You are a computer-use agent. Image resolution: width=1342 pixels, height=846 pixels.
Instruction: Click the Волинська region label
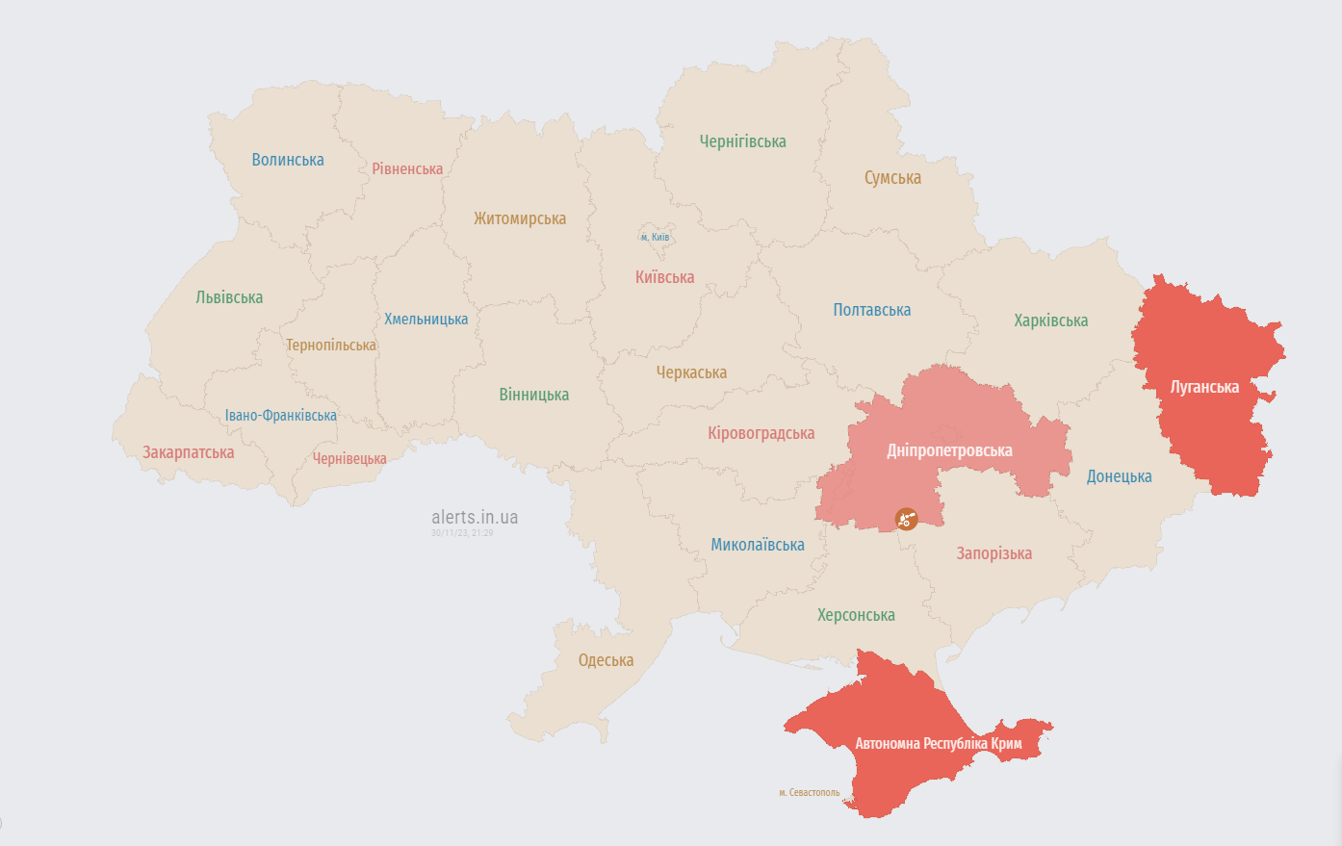pyautogui.click(x=288, y=160)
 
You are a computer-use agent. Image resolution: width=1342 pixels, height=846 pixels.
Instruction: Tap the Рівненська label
pyautogui.click(x=407, y=169)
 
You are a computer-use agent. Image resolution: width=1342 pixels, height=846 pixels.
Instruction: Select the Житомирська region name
pyautogui.click(x=520, y=218)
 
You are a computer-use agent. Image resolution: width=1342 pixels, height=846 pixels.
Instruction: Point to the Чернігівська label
pyautogui.click(x=742, y=141)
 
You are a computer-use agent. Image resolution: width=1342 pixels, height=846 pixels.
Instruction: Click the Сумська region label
pyautogui.click(x=892, y=178)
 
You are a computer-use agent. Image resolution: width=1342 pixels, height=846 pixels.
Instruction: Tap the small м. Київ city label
pyautogui.click(x=655, y=237)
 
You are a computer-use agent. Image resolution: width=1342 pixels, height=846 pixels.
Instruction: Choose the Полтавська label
pyautogui.click(x=871, y=310)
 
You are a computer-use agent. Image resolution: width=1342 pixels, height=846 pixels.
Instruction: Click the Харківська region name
pyautogui.click(x=1050, y=320)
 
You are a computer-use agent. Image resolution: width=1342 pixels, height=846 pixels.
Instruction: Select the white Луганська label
pyautogui.click(x=1204, y=387)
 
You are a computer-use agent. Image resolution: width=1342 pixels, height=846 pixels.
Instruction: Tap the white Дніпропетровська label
pyautogui.click(x=949, y=450)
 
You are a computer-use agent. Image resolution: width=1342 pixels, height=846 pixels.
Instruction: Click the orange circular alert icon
pyautogui.click(x=906, y=519)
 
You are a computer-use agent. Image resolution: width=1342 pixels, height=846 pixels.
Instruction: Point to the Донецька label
pyautogui.click(x=1119, y=476)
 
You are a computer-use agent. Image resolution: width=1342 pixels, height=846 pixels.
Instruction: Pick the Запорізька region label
pyautogui.click(x=994, y=553)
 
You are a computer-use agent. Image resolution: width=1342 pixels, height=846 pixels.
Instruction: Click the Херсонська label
pyautogui.click(x=856, y=615)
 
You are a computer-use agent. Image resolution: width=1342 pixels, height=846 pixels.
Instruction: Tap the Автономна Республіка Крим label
pyautogui.click(x=939, y=744)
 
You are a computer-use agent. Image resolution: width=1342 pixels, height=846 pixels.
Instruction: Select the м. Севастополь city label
pyautogui.click(x=809, y=793)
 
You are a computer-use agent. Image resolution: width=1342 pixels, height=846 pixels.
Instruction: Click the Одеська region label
pyautogui.click(x=606, y=660)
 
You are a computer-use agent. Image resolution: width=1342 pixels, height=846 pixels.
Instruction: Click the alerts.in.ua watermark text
pyautogui.click(x=475, y=517)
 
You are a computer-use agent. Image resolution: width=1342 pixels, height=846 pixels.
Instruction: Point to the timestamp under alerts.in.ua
pyautogui.click(x=462, y=533)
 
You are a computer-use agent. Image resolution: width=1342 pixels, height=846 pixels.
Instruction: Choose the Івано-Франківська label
pyautogui.click(x=281, y=416)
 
